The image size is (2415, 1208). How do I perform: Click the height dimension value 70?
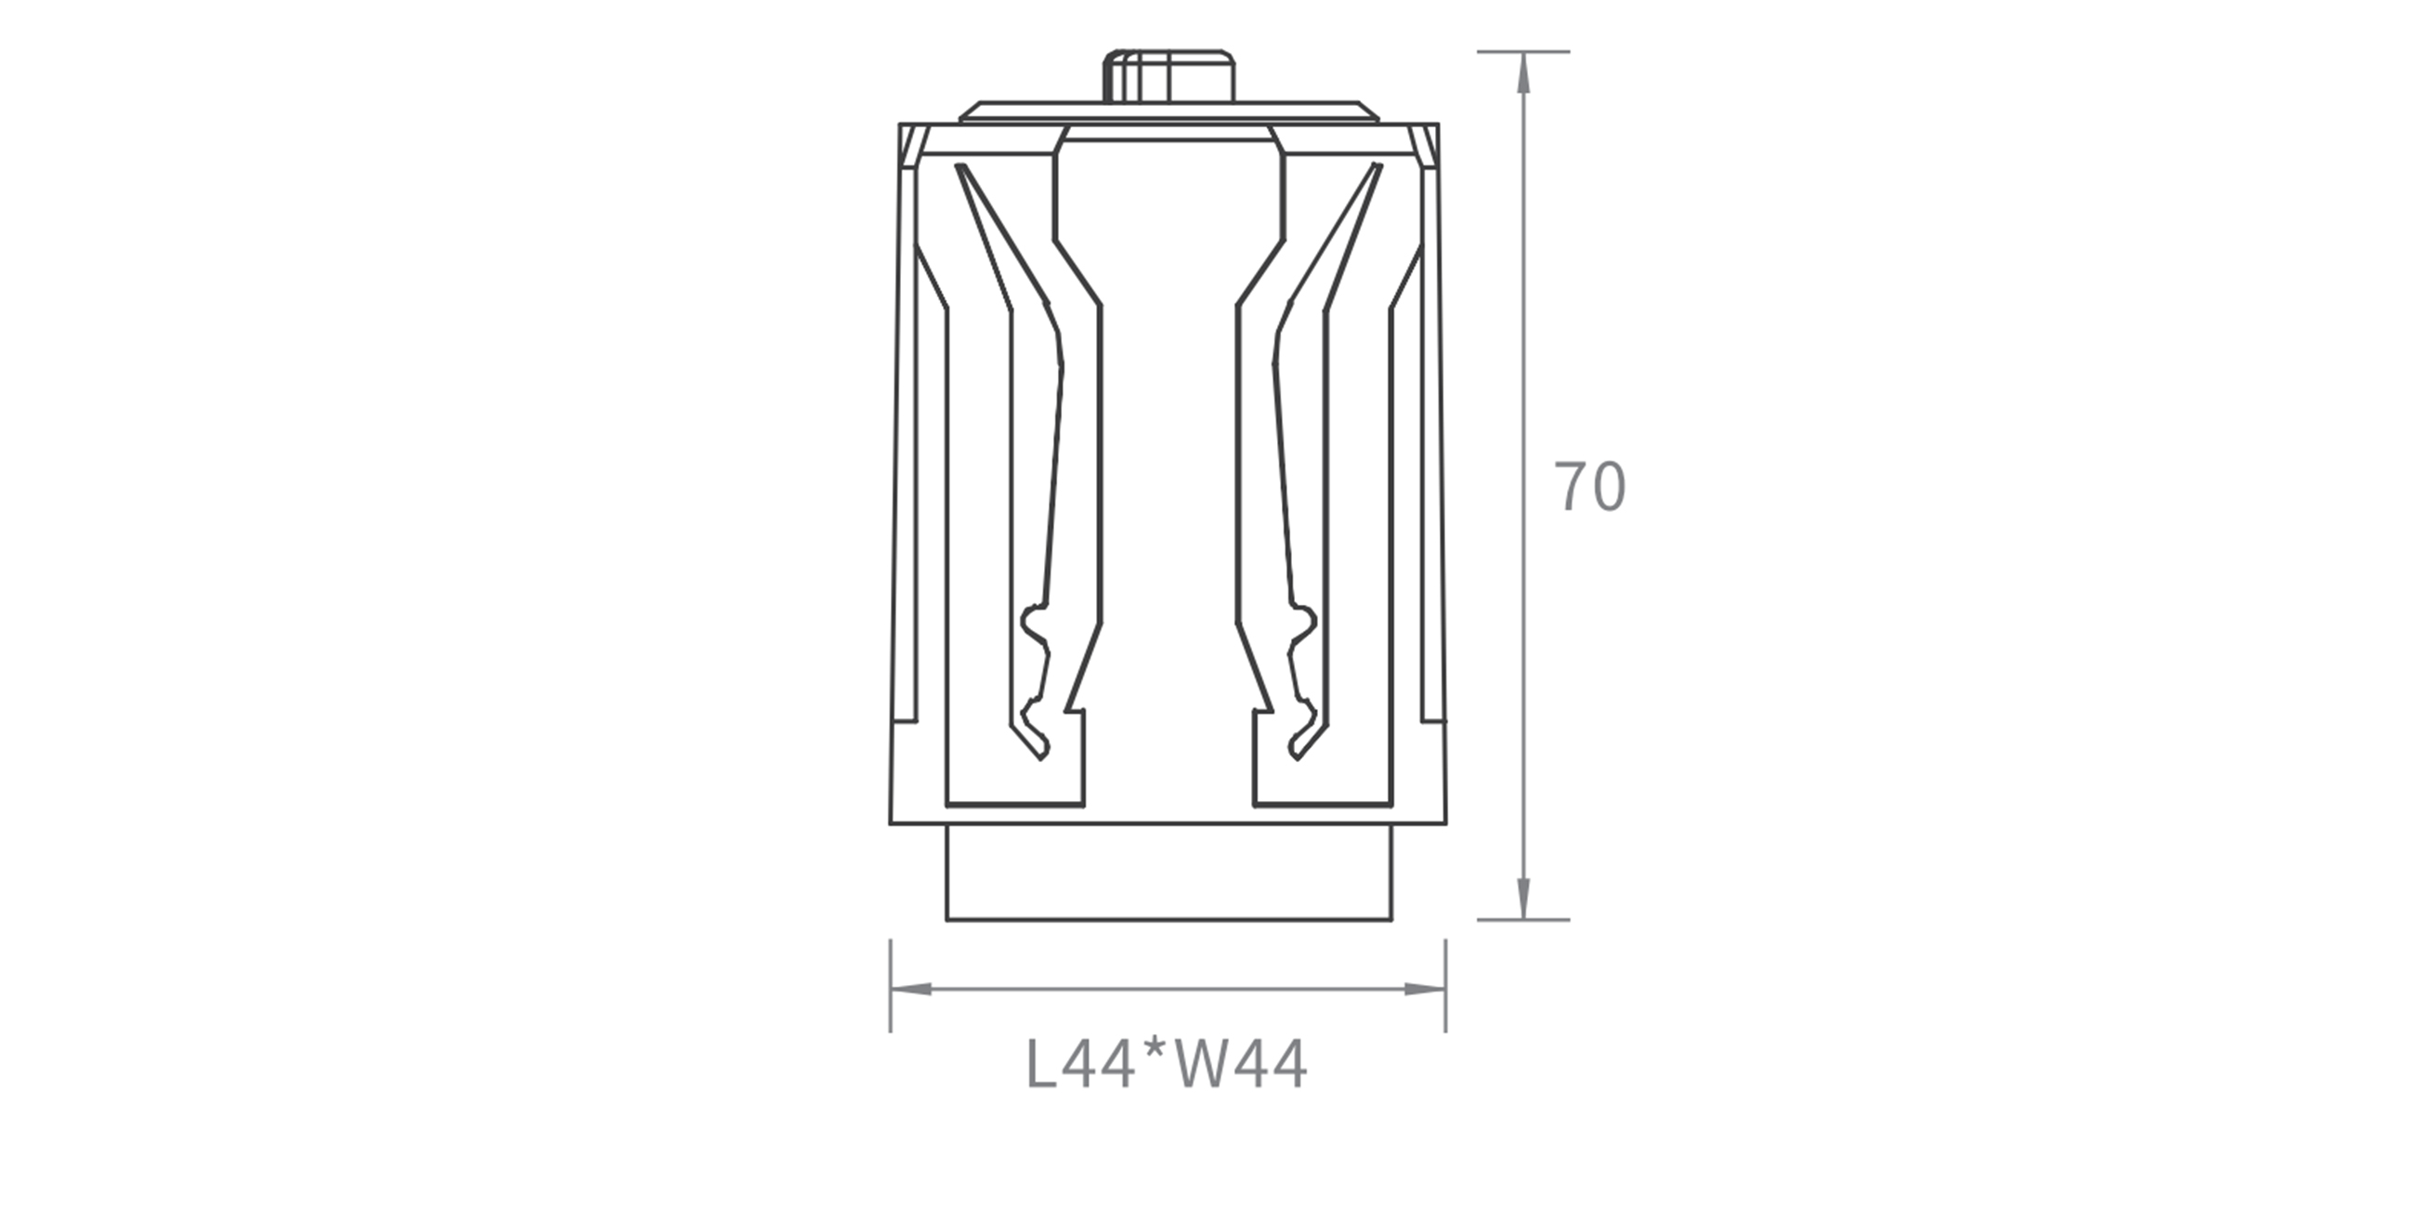[x=1590, y=487]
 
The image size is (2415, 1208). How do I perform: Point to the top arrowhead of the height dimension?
[x=1523, y=72]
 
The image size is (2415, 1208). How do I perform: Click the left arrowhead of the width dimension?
[x=911, y=990]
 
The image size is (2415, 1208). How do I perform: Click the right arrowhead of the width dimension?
[x=1425, y=990]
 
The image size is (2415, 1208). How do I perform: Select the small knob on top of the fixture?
[x=1168, y=76]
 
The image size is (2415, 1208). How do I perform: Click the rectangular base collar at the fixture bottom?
[x=1169, y=873]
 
